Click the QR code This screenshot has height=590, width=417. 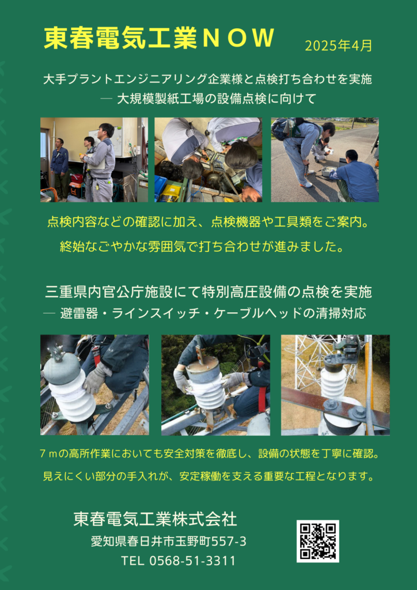coord(318,541)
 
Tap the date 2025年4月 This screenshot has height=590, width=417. coord(339,46)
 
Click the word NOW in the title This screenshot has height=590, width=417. coord(237,38)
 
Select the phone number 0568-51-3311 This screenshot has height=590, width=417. coord(192,561)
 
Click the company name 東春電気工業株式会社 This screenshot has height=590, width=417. coord(156,520)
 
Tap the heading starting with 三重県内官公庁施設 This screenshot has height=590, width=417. coord(208,292)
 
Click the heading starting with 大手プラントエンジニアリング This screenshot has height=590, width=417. coord(207,80)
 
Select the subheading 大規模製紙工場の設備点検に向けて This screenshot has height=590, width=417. coord(216,99)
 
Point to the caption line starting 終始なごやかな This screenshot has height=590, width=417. coord(201,247)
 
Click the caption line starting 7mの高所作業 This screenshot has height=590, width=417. coord(208,454)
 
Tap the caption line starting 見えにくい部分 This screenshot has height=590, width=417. coord(208,476)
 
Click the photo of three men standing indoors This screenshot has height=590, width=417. coord(94,160)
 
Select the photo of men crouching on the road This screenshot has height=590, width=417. coord(325,160)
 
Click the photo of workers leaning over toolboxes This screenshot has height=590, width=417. coord(208,160)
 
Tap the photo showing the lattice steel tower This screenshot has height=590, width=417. coord(335,385)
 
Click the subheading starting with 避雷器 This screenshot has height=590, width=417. coord(213,313)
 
